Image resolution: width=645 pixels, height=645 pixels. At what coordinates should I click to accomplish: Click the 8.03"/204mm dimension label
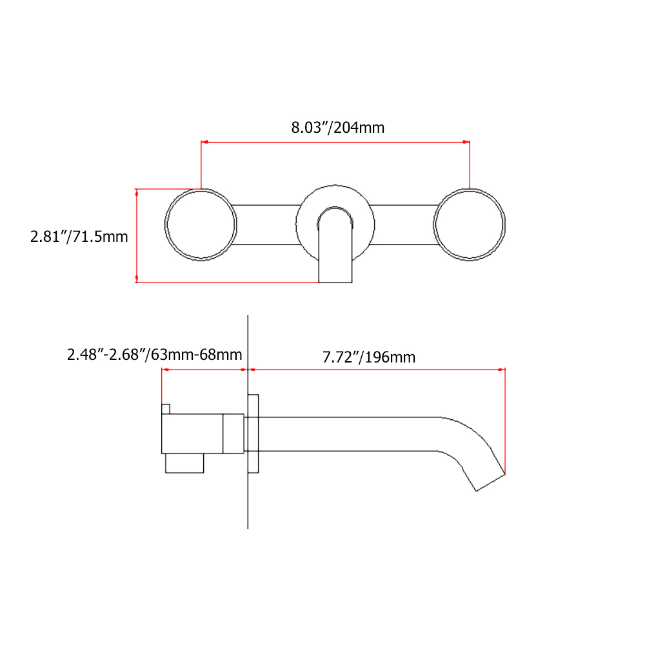click(337, 127)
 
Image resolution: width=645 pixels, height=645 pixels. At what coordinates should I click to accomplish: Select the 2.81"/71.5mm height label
click(79, 237)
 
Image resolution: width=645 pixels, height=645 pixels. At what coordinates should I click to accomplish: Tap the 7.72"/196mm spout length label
click(369, 357)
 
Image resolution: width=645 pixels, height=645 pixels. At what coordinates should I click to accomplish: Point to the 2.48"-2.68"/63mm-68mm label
click(155, 355)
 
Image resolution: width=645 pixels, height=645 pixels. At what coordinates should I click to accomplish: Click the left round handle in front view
click(200, 225)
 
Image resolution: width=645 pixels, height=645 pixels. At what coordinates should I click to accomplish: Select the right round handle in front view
click(469, 225)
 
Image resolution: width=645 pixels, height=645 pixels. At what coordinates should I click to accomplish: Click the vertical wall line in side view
click(248, 503)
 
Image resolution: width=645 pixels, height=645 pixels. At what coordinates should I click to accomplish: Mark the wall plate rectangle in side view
click(253, 433)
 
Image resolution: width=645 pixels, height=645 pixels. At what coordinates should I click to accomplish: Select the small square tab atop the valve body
click(166, 409)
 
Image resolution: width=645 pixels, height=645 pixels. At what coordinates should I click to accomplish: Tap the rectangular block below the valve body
click(184, 463)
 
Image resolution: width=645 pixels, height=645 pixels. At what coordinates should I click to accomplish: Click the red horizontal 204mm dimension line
click(335, 142)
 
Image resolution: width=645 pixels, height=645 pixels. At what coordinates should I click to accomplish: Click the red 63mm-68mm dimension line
click(204, 370)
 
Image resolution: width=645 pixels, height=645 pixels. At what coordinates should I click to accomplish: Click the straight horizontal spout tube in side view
click(348, 433)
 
